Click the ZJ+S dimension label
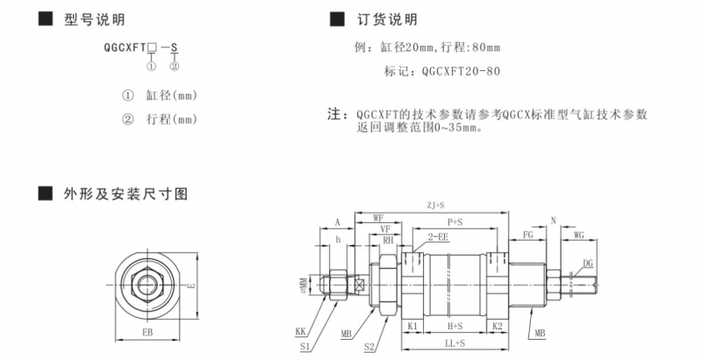pos(434,205)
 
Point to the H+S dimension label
pos(455,325)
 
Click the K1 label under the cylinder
pos(412,325)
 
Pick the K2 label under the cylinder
pos(497,325)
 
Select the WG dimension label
pos(578,235)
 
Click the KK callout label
pos(301,332)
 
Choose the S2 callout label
pos(369,348)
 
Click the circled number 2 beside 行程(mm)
pos(127,119)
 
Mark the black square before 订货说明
pos(334,19)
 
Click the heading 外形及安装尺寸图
pos(126,192)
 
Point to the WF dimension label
pos(378,216)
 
